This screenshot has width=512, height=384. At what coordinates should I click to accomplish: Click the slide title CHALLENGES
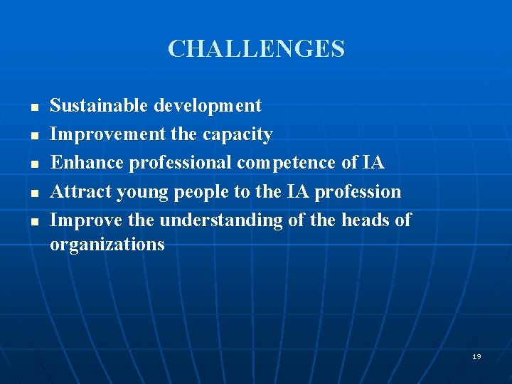click(256, 49)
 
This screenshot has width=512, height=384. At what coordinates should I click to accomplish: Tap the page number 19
click(476, 356)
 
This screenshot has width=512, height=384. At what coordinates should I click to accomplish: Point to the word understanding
click(221, 221)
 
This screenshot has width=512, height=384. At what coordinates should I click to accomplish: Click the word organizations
click(107, 245)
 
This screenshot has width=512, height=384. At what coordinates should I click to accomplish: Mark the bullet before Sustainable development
click(33, 107)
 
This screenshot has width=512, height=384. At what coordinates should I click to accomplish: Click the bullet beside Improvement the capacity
click(33, 136)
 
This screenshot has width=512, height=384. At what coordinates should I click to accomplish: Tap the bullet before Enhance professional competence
click(33, 164)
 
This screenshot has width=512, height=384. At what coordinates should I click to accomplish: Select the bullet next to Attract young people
click(33, 193)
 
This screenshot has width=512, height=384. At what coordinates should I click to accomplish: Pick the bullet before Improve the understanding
click(33, 221)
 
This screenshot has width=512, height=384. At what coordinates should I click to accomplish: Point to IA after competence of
click(373, 163)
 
